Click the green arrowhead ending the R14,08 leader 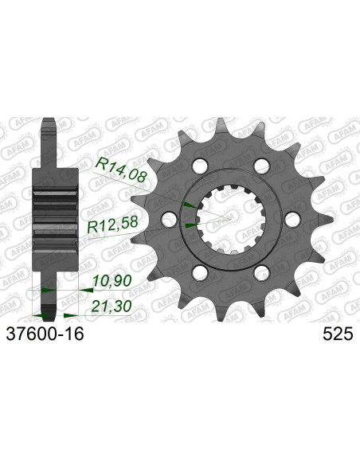point(188,205)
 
